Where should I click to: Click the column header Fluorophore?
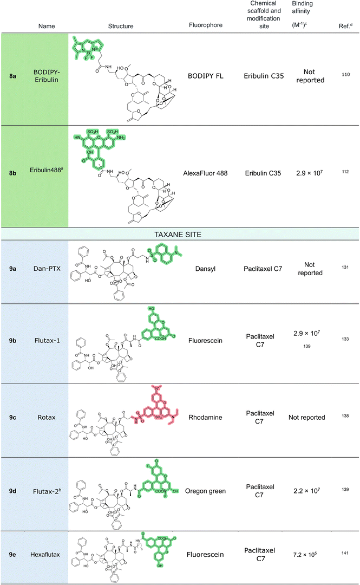[x=206, y=25]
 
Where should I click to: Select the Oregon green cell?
[x=206, y=491]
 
